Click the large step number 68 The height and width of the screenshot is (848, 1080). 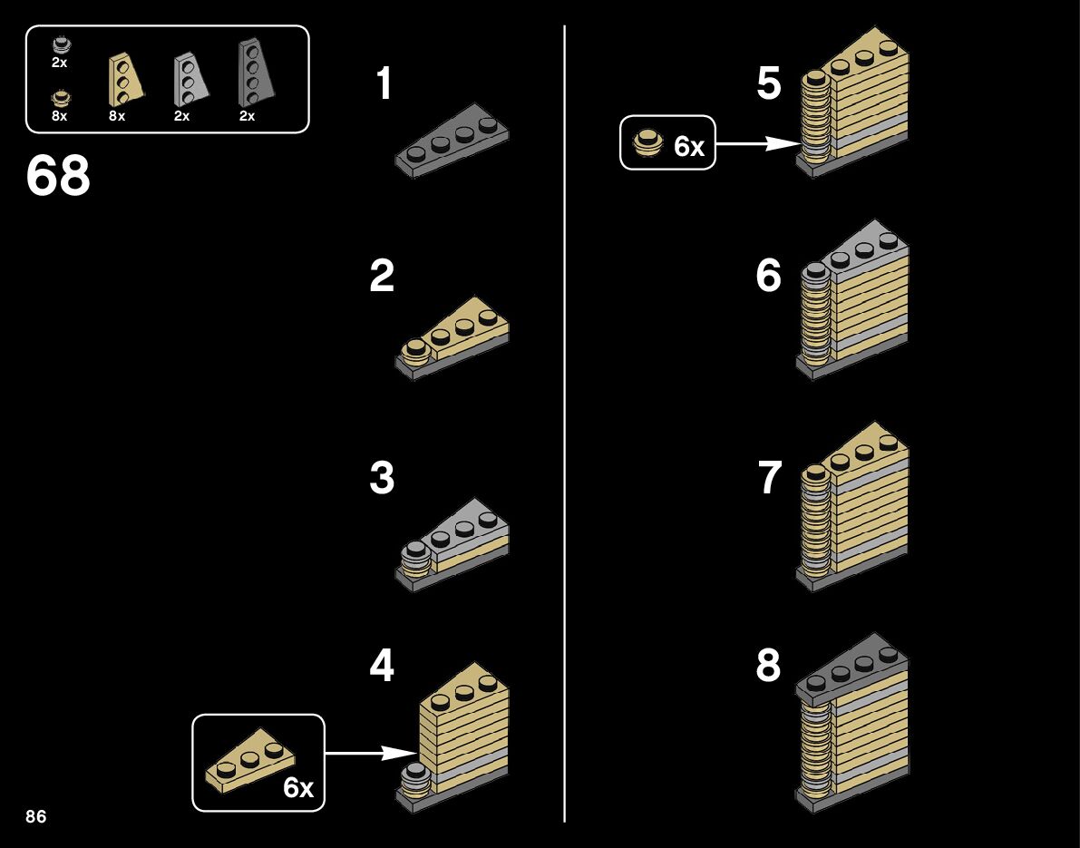[x=58, y=176]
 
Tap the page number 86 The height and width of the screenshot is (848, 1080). [x=36, y=816]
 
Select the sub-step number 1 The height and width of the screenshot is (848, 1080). [x=384, y=84]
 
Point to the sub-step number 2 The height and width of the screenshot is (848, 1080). [x=382, y=277]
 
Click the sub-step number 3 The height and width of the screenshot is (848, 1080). [x=382, y=479]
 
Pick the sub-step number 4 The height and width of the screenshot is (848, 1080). [x=382, y=668]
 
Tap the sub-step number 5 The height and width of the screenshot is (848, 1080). [x=768, y=84]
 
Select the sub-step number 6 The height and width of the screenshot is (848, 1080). [x=768, y=277]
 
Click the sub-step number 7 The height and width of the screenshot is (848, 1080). [x=769, y=479]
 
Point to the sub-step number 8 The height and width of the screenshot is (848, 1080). [x=768, y=668]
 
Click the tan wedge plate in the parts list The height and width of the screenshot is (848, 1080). [x=125, y=79]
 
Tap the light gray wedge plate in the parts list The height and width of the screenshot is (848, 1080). [x=189, y=78]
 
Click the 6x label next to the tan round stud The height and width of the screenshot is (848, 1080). [x=689, y=147]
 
